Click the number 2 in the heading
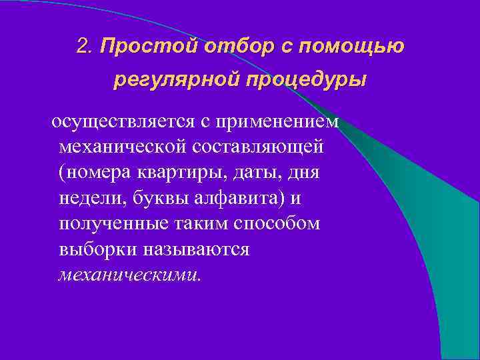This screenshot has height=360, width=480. [83, 46]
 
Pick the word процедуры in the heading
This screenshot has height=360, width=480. [307, 80]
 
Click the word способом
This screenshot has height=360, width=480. [277, 224]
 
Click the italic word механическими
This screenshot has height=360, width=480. [129, 275]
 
